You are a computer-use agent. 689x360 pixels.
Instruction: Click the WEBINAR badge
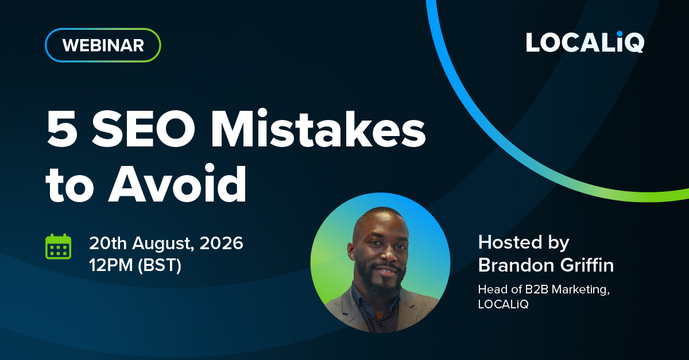click(103, 45)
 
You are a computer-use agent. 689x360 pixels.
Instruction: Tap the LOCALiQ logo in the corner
click(585, 42)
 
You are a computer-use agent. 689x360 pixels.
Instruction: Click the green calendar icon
click(59, 246)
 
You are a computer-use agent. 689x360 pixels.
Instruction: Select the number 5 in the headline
click(62, 129)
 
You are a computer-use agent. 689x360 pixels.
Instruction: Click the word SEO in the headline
click(144, 129)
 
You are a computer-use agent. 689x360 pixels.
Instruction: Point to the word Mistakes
click(318, 128)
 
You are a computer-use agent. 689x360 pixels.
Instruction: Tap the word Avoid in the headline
click(177, 183)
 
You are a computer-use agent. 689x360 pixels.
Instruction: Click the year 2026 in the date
click(222, 243)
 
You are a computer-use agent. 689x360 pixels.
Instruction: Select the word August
click(163, 244)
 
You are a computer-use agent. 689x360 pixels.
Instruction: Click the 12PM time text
click(111, 265)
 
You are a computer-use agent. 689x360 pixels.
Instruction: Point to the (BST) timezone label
click(160, 265)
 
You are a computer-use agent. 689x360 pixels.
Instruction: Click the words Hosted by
click(524, 243)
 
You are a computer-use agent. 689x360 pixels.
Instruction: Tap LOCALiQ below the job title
click(503, 304)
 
